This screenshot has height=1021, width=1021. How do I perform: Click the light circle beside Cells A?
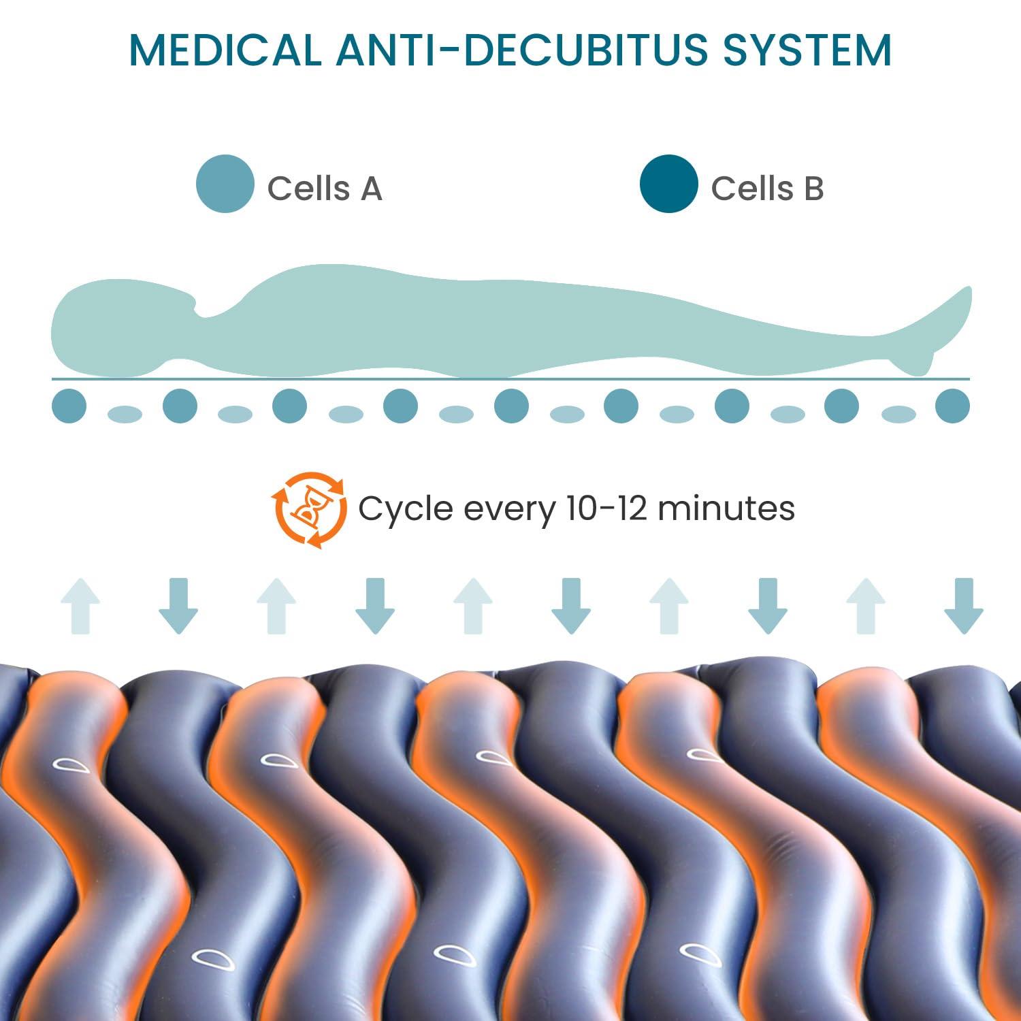click(225, 184)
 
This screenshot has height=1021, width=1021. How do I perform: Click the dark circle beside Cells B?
click(669, 184)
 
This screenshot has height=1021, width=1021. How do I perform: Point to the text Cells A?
click(325, 188)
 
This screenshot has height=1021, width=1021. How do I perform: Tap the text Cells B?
click(767, 188)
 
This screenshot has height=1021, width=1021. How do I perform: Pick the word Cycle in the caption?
click(406, 509)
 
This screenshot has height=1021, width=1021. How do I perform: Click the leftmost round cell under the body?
click(69, 406)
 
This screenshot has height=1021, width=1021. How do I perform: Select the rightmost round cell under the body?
click(952, 406)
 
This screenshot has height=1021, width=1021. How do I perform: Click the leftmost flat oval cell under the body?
click(125, 414)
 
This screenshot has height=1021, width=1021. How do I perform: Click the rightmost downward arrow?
click(963, 606)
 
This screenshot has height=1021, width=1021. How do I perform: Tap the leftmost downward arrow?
click(178, 606)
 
